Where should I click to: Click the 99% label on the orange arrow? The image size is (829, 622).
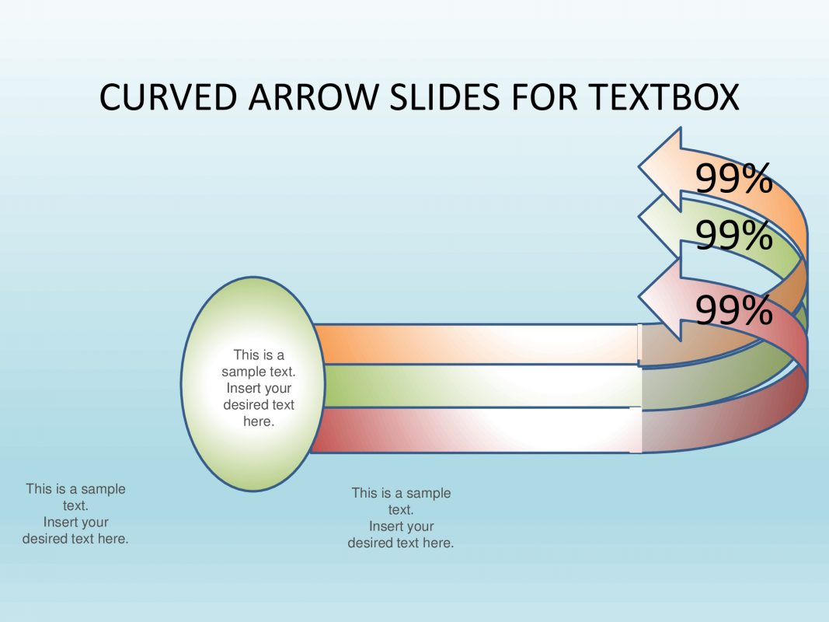[733, 180]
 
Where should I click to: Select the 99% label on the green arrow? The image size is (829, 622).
[733, 235]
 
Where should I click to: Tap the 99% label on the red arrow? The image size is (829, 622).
[733, 311]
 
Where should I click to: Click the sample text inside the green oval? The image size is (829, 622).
[259, 388]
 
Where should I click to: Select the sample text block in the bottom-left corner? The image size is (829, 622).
[75, 513]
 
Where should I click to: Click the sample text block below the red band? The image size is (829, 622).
[401, 517]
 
